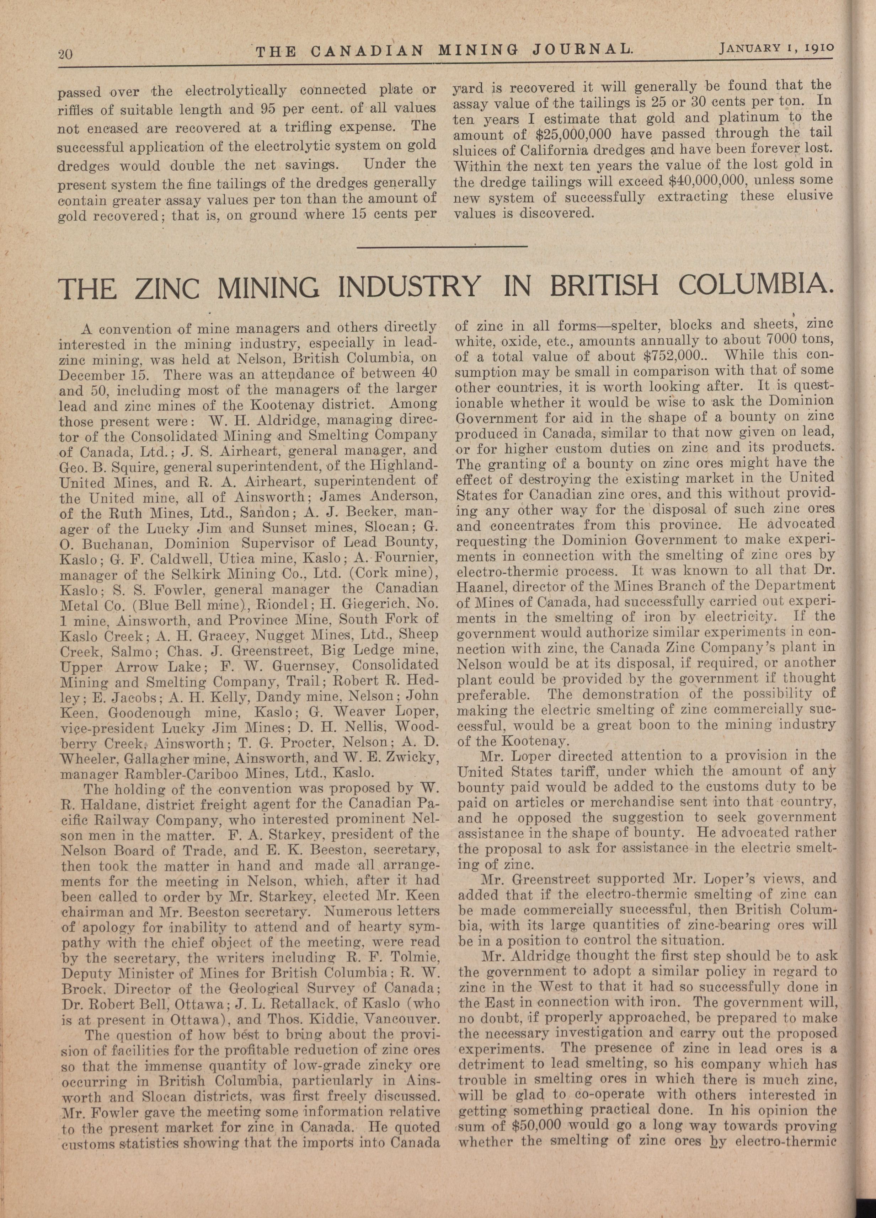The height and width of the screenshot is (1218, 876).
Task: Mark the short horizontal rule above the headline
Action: (442, 247)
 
